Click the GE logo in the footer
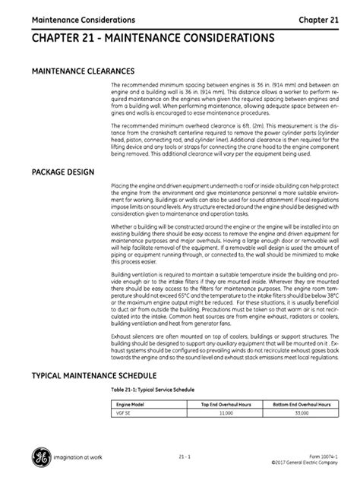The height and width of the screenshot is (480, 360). [37, 457]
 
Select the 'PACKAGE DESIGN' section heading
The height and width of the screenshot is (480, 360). [62, 172]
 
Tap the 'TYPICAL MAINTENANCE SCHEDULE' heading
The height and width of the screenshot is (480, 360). [93, 375]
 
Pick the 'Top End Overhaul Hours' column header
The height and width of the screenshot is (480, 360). [226, 406]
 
